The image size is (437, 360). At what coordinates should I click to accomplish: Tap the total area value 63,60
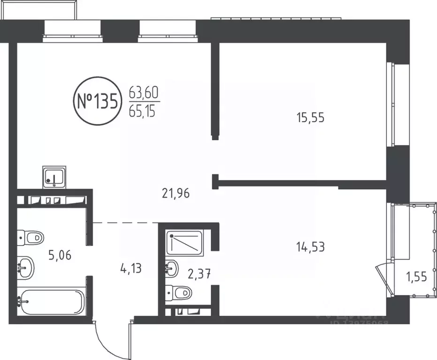144,93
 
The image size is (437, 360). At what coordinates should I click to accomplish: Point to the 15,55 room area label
310,117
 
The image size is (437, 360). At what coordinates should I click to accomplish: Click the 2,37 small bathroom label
197,274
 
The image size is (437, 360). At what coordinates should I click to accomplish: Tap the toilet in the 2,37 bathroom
181,293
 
